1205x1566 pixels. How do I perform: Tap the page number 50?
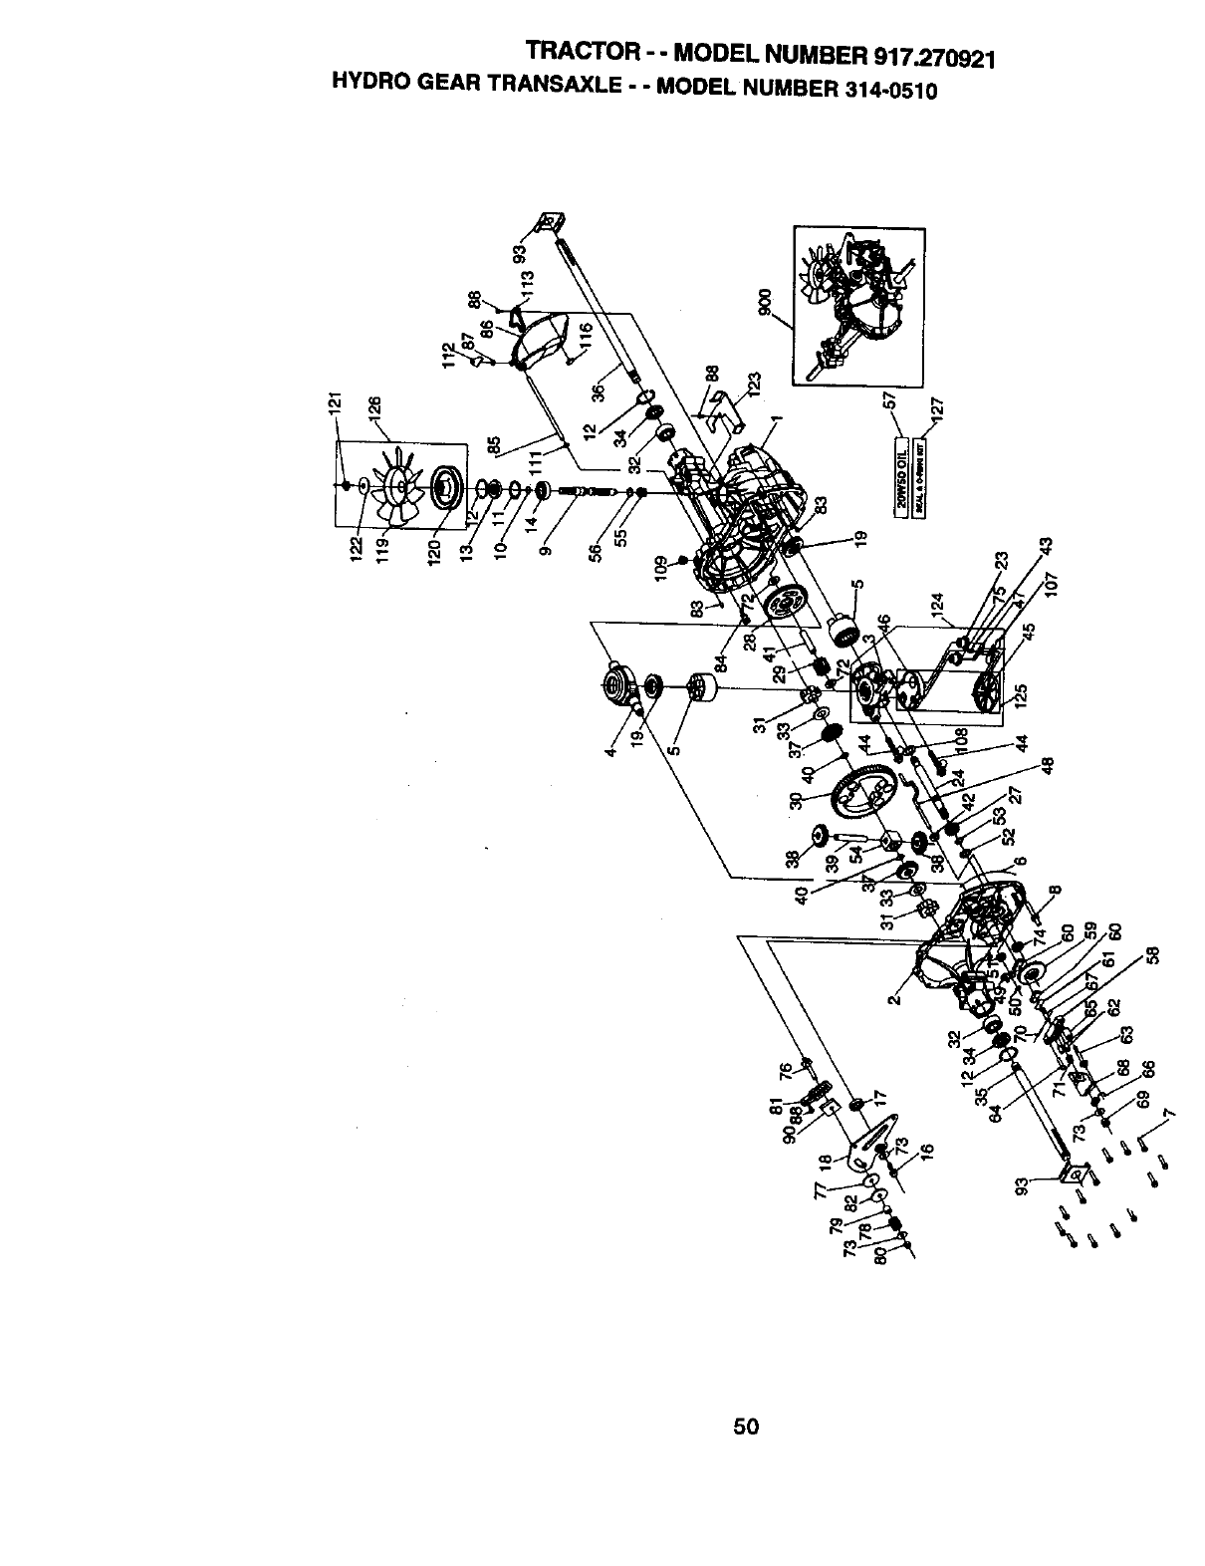[746, 1427]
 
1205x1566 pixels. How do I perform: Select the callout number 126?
[375, 409]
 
